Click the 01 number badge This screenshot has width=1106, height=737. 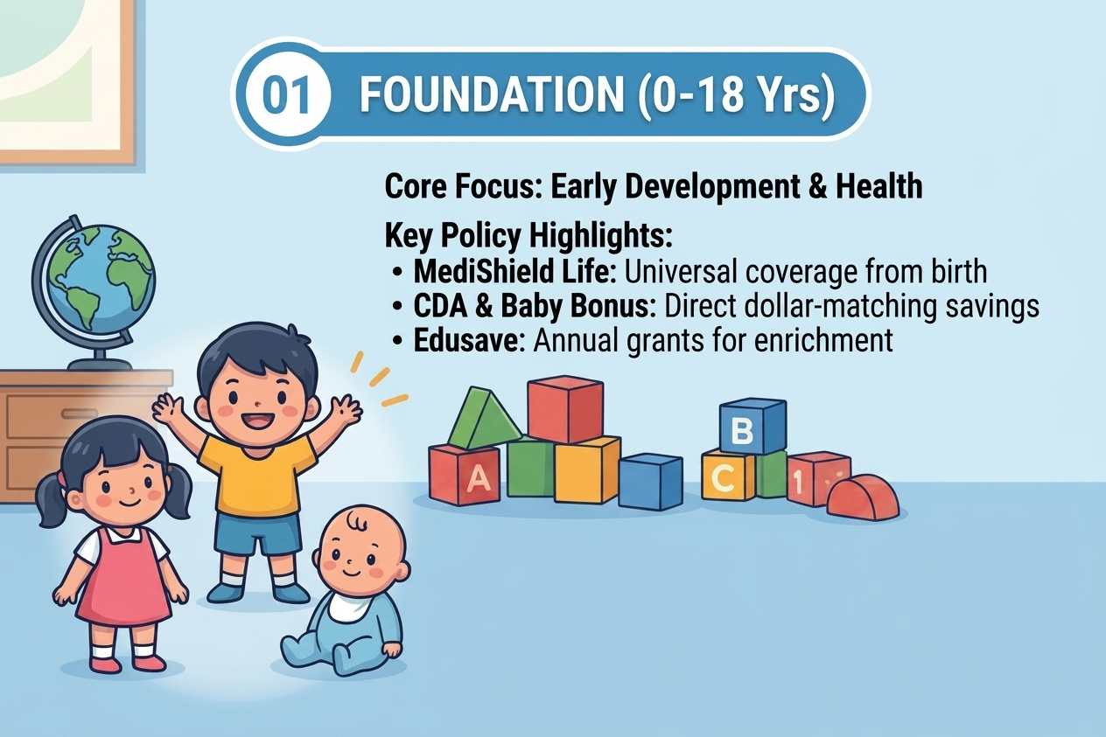[287, 94]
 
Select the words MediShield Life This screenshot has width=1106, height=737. [515, 271]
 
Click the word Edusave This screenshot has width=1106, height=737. [470, 340]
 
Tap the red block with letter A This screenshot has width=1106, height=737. [465, 475]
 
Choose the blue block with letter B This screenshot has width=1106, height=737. [752, 426]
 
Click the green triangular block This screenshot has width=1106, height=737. [483, 420]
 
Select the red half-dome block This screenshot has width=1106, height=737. [863, 497]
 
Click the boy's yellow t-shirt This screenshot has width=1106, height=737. [258, 474]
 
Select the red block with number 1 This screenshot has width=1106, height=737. [817, 479]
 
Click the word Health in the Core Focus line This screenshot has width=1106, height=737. [878, 186]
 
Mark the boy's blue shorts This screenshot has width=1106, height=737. [258, 533]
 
